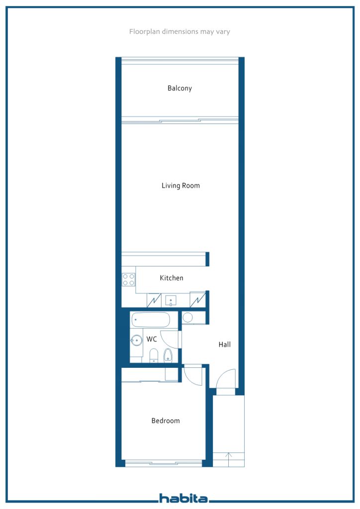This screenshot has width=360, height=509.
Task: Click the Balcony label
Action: [x=180, y=88]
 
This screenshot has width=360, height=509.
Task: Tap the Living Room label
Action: [x=180, y=186]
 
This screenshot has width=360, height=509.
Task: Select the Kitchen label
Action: [x=172, y=278]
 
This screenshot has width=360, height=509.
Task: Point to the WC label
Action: [x=152, y=339]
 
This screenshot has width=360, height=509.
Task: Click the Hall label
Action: [x=225, y=344]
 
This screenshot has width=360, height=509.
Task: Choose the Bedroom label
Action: [x=166, y=421]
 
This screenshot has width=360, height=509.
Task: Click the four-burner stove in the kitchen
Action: [x=129, y=279]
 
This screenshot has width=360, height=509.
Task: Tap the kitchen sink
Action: [x=171, y=301]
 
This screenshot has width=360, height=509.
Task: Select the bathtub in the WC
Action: [x=151, y=320]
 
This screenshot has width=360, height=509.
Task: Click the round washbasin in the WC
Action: [x=136, y=340]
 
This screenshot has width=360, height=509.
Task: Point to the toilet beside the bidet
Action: [x=154, y=355]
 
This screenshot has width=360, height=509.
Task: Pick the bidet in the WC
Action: [x=168, y=355]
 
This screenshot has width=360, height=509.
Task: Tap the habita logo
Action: [x=183, y=498]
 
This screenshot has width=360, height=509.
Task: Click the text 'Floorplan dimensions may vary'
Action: [x=180, y=31]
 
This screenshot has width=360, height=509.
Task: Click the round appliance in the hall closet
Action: [x=187, y=318]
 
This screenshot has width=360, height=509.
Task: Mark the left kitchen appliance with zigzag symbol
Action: [x=154, y=300]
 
